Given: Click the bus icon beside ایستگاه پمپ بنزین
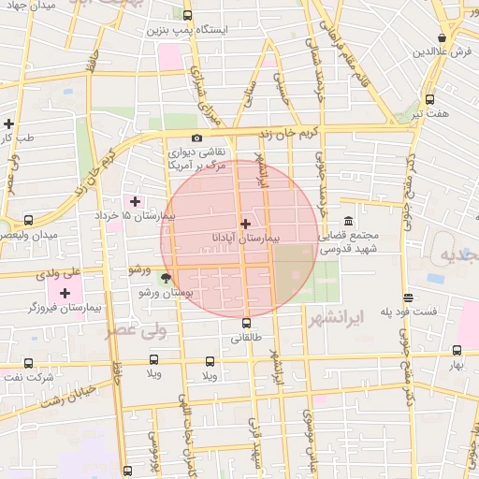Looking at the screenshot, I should tap(188, 15).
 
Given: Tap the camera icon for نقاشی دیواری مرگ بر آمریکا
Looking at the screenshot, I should tap(196, 138).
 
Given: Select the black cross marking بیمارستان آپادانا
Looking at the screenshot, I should tap(245, 224).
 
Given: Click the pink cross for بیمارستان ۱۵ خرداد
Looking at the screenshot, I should tap(135, 201).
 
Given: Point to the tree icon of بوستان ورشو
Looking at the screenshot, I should tap(167, 277).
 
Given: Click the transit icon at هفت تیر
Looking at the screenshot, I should tap(429, 99).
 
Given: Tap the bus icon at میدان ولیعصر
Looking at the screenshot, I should tap(28, 221).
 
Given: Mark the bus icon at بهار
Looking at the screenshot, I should tap(457, 350).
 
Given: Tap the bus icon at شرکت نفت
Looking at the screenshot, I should tap(28, 363).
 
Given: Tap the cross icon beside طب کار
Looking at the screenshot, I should tap(9, 123).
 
